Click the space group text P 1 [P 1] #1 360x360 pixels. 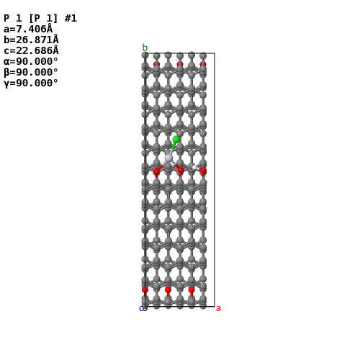[x=40, y=18]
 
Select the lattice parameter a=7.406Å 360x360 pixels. [x=28, y=29]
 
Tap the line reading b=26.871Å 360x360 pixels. [x=31, y=40]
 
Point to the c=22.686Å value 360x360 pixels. [x=31, y=50]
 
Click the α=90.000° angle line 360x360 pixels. [x=31, y=61]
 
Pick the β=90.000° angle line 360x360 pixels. [x=31, y=72]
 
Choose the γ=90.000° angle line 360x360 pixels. [x=31, y=84]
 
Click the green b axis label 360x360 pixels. [x=145, y=48]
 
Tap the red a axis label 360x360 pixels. [x=218, y=308]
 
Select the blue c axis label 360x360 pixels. [x=141, y=309]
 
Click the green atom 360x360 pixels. [x=176, y=140]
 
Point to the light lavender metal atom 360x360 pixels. [x=168, y=158]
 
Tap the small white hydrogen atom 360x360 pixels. [x=194, y=167]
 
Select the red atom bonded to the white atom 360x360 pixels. [x=203, y=171]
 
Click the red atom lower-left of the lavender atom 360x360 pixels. [x=156, y=171]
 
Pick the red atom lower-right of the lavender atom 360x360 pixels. [x=181, y=170]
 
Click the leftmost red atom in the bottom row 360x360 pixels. [x=145, y=289]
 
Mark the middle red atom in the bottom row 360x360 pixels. [x=168, y=289]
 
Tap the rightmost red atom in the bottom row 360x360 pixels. [x=192, y=289]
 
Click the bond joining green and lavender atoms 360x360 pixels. [x=173, y=148]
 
